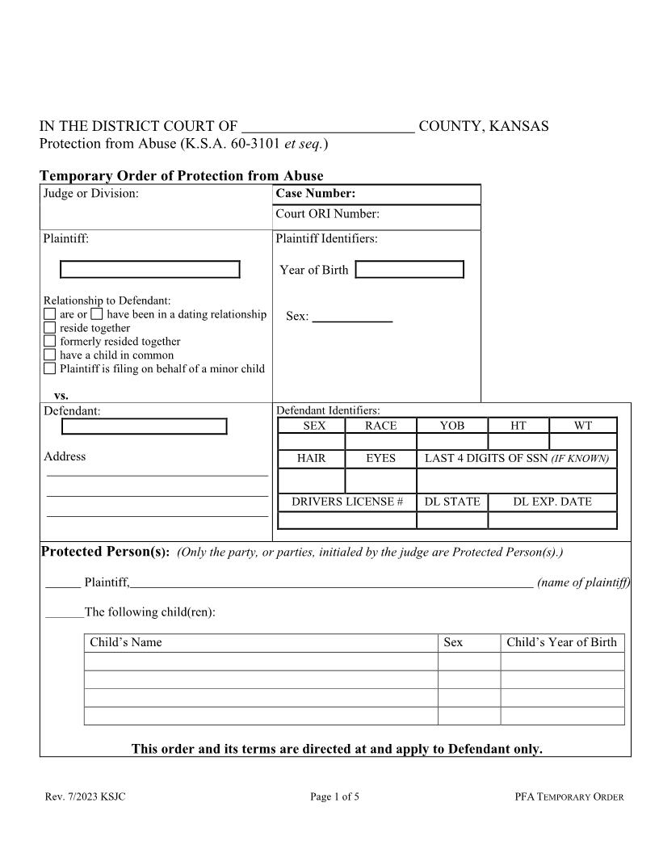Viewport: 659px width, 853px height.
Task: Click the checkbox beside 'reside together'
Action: click(49, 328)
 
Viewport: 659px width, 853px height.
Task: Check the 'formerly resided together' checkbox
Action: click(49, 342)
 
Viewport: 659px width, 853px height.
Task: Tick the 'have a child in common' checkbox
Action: click(49, 355)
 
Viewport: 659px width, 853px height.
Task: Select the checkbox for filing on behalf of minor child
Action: click(49, 368)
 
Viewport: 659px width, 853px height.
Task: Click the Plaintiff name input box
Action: click(150, 270)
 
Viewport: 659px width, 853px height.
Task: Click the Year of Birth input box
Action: click(409, 270)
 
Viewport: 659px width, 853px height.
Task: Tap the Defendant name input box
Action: click(145, 426)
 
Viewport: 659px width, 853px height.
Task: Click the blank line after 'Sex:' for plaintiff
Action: click(352, 317)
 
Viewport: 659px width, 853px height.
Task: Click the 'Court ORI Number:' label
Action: click(328, 214)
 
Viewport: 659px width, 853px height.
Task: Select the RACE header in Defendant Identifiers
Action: click(380, 426)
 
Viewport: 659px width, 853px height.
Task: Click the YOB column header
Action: click(452, 426)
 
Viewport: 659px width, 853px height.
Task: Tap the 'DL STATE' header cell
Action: click(452, 502)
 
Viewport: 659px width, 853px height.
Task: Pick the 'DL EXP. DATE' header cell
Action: click(552, 502)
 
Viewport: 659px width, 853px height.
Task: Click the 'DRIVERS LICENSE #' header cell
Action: click(347, 502)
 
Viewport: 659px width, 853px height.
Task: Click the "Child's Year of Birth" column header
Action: click(561, 643)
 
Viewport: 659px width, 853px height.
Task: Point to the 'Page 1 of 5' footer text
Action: click(334, 797)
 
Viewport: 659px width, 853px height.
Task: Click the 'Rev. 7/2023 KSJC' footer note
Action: click(86, 797)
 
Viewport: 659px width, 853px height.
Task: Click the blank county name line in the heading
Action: click(329, 127)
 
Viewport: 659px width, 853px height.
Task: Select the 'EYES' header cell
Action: click(380, 458)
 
